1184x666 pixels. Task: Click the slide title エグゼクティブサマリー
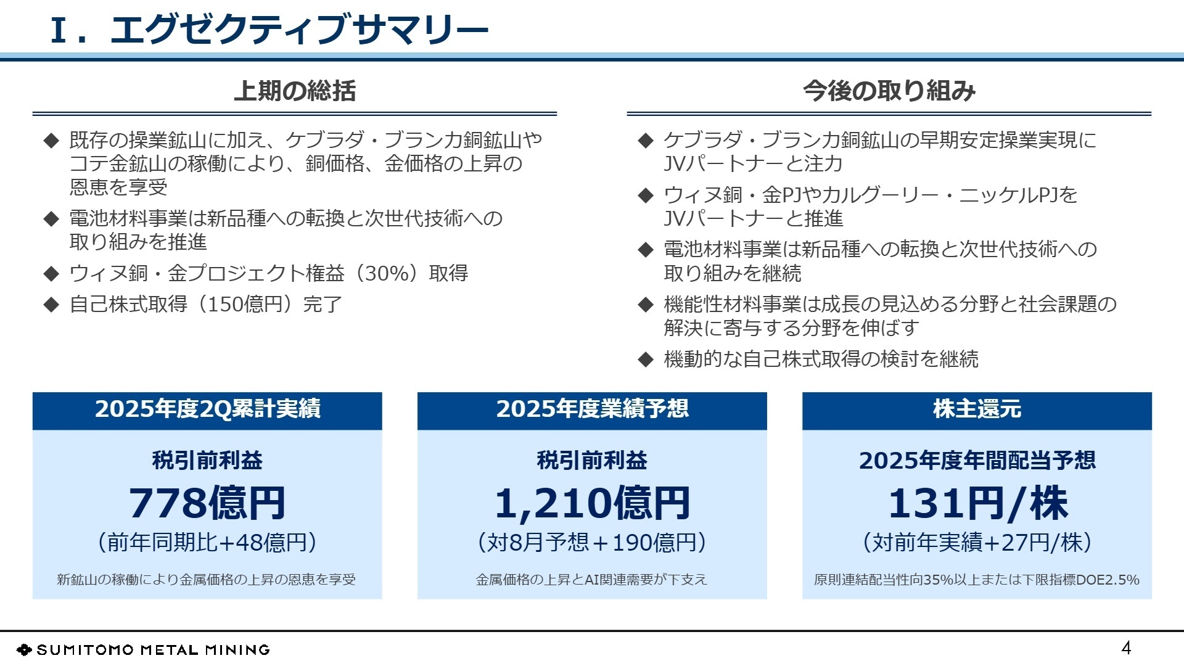click(x=299, y=29)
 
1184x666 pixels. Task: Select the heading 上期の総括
click(x=295, y=91)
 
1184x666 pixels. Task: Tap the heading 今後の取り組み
click(x=889, y=91)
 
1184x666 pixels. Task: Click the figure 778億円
click(x=207, y=503)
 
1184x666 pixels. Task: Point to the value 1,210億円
click(x=592, y=503)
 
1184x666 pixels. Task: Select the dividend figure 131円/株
click(x=977, y=503)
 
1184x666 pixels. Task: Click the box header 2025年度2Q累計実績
click(x=207, y=409)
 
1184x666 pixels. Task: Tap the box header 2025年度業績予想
click(x=592, y=409)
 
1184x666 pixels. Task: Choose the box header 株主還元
click(x=977, y=409)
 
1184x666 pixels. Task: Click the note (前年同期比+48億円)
click(x=207, y=542)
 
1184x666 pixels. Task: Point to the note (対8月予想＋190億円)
click(x=592, y=542)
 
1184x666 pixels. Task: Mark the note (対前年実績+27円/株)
click(x=977, y=542)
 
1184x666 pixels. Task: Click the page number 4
click(x=1126, y=647)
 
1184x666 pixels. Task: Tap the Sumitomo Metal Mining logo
click(x=143, y=649)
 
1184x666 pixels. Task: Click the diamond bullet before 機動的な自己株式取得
click(x=645, y=360)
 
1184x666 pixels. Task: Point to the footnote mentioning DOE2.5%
click(x=977, y=580)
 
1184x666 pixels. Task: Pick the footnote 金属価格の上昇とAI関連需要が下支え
click(x=592, y=580)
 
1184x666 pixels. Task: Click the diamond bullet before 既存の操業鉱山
click(x=51, y=141)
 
